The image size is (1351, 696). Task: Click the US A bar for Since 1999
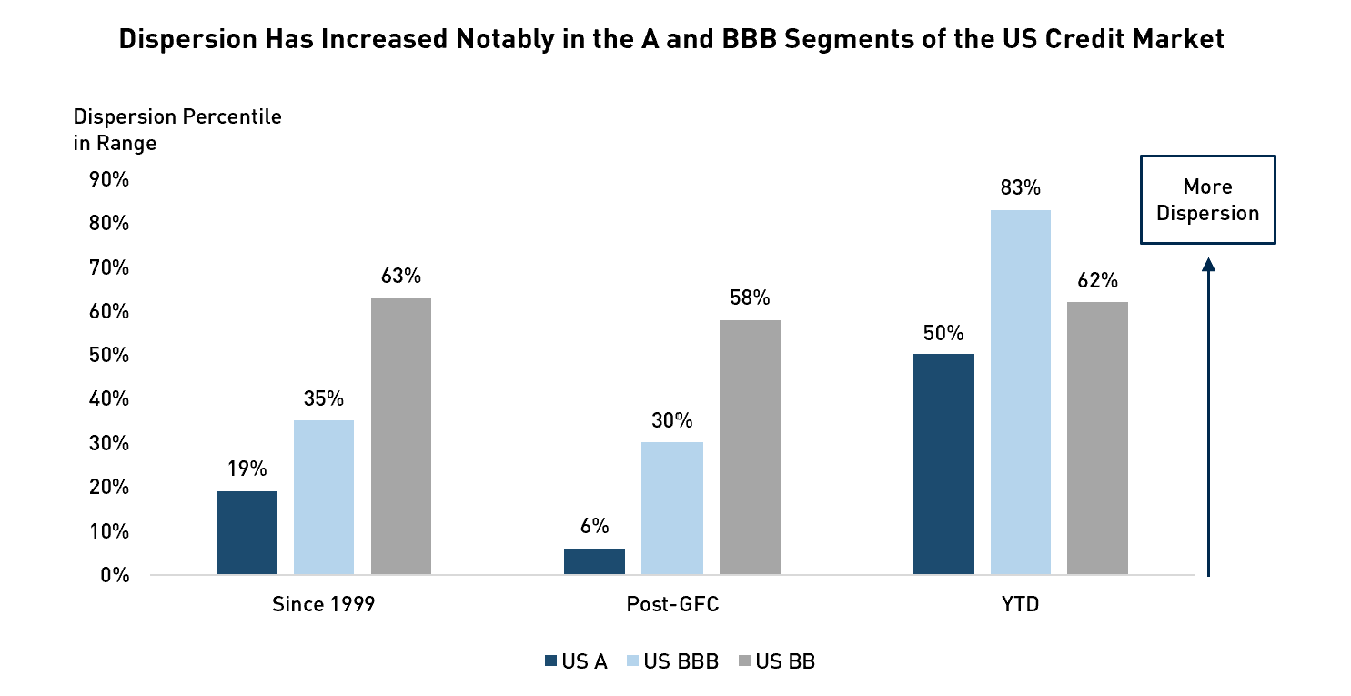pyautogui.click(x=247, y=533)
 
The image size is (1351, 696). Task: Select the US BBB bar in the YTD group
pyautogui.click(x=1020, y=393)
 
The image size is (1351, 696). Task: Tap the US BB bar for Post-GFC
pyautogui.click(x=750, y=448)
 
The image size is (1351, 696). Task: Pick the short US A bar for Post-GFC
pyautogui.click(x=594, y=561)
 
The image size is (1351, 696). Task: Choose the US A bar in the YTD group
pyautogui.click(x=943, y=464)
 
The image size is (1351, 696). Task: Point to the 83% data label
pyautogui.click(x=1020, y=188)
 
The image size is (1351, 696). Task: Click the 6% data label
pyautogui.click(x=594, y=527)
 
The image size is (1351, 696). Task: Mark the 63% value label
pyautogui.click(x=400, y=276)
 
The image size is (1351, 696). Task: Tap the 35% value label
pyautogui.click(x=324, y=398)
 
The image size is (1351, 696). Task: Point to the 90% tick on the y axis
pyautogui.click(x=109, y=179)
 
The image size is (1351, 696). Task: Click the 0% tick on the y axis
pyautogui.click(x=114, y=575)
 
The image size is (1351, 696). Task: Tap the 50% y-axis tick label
pyautogui.click(x=109, y=355)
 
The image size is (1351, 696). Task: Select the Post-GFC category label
pyautogui.click(x=672, y=605)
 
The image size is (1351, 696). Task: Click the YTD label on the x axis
pyautogui.click(x=1020, y=605)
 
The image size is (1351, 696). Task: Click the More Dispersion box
pyautogui.click(x=1207, y=199)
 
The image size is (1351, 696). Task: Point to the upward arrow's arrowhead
pyautogui.click(x=1208, y=265)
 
